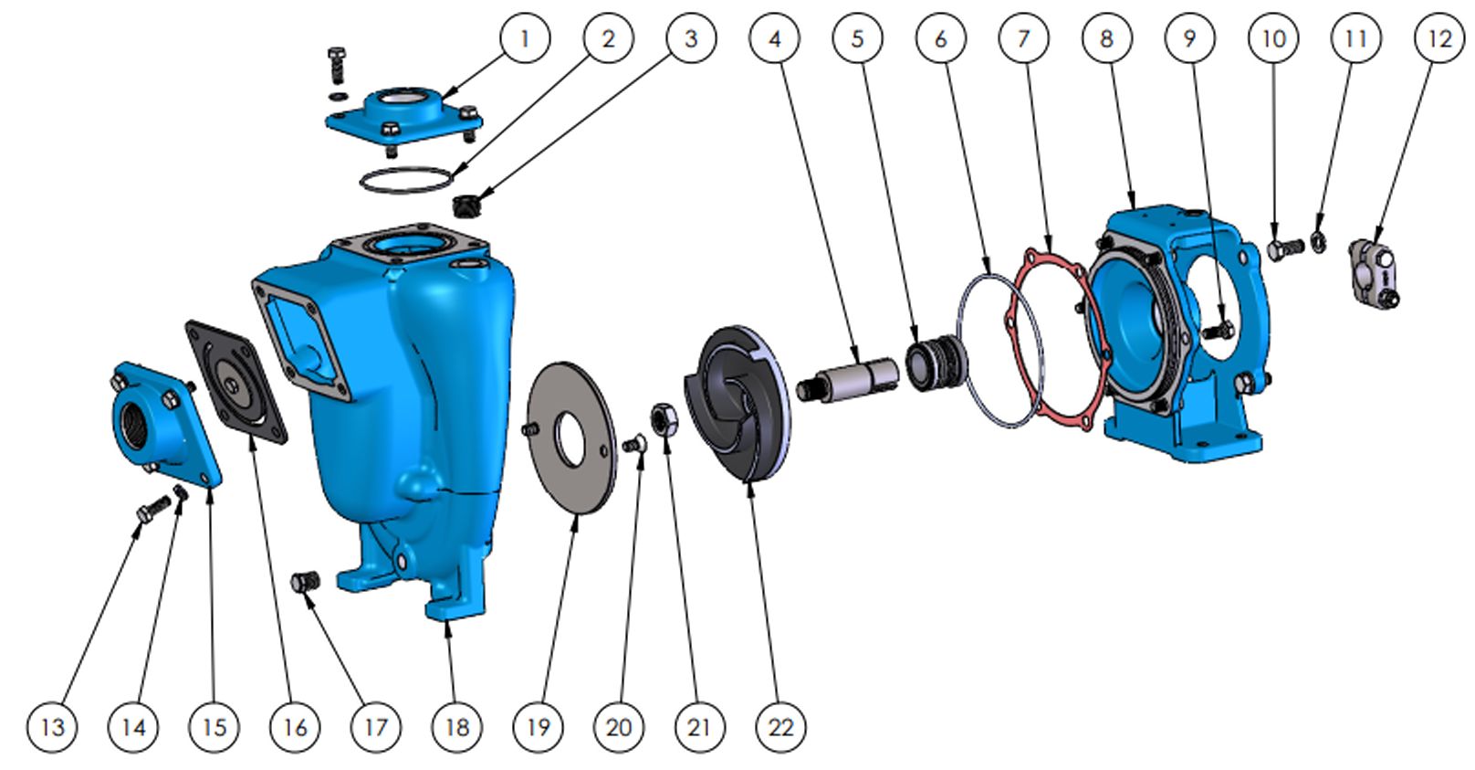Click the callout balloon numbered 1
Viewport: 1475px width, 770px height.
coord(525,38)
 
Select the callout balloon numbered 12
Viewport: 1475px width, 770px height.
coord(1439,38)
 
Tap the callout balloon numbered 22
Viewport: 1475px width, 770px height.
coord(781,727)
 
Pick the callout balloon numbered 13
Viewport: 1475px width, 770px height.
coord(52,727)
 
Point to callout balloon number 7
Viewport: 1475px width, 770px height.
coord(1024,38)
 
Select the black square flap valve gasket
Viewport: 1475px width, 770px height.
coord(236,382)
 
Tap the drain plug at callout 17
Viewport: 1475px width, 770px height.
coord(305,581)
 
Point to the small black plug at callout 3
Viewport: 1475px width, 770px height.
coord(466,206)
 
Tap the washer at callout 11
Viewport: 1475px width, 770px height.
coord(1319,242)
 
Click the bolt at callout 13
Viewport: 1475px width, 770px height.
coord(152,509)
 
